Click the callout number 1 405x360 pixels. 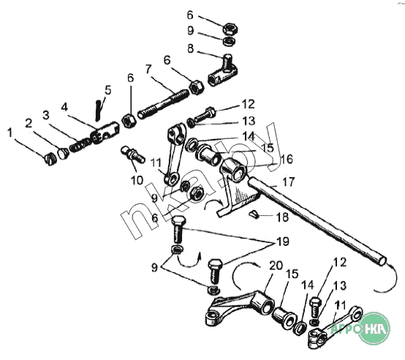pos(10,134)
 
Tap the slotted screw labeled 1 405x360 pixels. pos(49,159)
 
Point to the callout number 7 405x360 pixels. pos(148,70)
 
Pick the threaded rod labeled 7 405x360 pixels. pos(164,103)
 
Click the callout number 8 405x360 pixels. pos(190,48)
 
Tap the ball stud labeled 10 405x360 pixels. pos(133,154)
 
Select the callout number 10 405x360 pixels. pos(137,180)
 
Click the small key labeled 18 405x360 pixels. pos(254,214)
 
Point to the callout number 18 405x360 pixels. pos(282,217)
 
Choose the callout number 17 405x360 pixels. pos(289,181)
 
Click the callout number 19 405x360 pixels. pos(283,241)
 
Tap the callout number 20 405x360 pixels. pos(276,266)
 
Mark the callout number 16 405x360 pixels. pos(287,160)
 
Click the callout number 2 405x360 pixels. pos(29,124)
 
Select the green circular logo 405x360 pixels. pos(375,328)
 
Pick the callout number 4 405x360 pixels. pos(64,107)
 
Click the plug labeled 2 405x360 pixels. pos(63,154)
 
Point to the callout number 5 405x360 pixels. pos(107,90)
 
